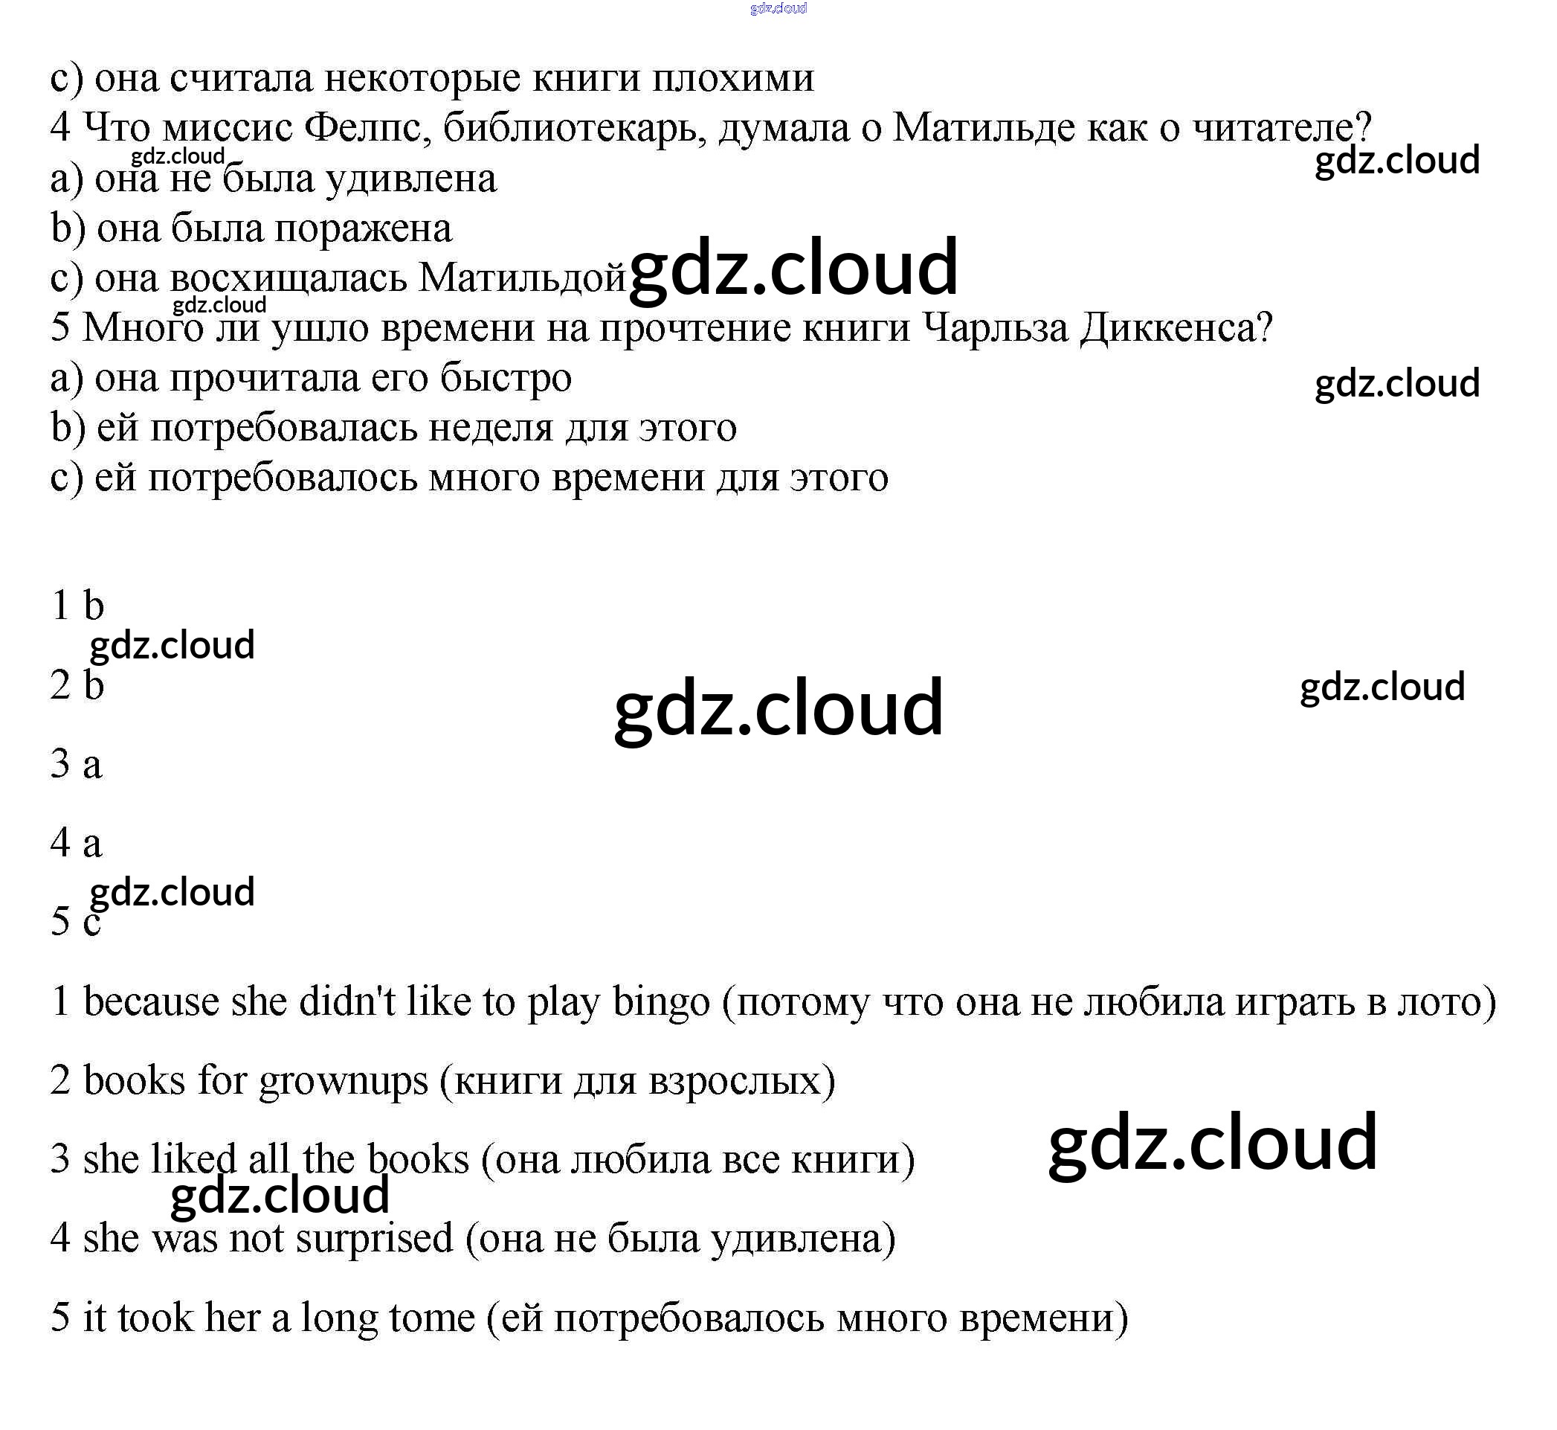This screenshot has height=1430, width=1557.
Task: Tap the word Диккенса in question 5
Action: pyautogui.click(x=1176, y=327)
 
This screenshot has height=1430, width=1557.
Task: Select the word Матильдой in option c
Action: pyautogui.click(x=521, y=277)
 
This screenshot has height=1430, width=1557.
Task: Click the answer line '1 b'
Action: pyautogui.click(x=77, y=605)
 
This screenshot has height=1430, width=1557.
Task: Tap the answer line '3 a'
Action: pyautogui.click(x=76, y=764)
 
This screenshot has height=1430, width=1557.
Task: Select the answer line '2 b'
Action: pyautogui.click(x=77, y=684)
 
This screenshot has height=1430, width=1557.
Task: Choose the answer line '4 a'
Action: pyautogui.click(x=76, y=842)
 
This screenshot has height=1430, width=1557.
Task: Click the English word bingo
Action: pyautogui.click(x=660, y=1003)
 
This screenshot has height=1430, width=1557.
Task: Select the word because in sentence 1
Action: pyautogui.click(x=151, y=1001)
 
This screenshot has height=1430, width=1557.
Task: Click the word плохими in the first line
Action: pyautogui.click(x=732, y=77)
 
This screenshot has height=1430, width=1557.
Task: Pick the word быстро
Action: pyautogui.click(x=506, y=378)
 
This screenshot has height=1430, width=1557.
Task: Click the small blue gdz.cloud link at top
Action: pyautogui.click(x=778, y=8)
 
